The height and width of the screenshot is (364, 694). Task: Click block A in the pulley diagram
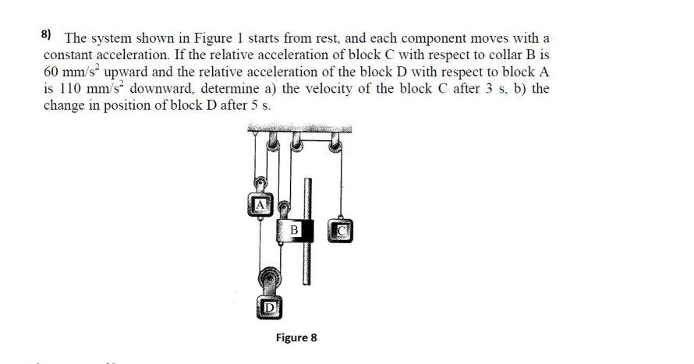tap(260, 205)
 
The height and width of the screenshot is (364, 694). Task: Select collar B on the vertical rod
tap(295, 231)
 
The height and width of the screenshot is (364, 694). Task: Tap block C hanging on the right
tap(340, 231)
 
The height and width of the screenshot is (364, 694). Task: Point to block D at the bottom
tap(269, 307)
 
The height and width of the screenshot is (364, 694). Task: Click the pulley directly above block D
tap(269, 277)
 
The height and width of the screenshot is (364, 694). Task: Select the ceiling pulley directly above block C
tap(336, 146)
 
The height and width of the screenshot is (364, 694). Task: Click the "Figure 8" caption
tap(296, 337)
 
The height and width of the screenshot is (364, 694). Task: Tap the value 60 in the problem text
tap(51, 72)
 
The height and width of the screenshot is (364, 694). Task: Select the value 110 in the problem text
tap(71, 88)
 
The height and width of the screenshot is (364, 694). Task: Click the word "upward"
tap(126, 72)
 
